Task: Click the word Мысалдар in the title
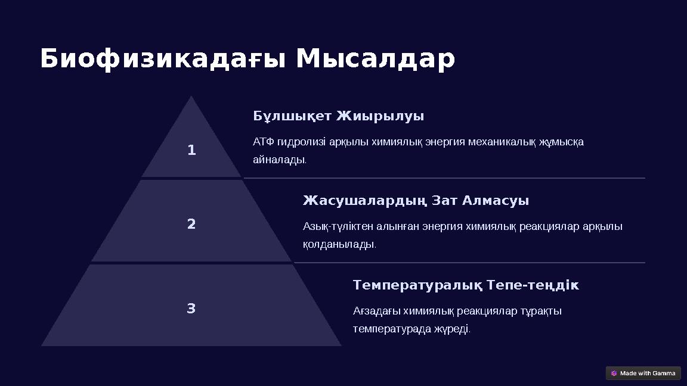tap(375, 60)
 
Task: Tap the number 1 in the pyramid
tap(191, 151)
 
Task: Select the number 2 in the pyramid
tap(191, 225)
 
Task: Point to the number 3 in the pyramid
tap(191, 309)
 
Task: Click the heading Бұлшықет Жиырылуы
tap(338, 116)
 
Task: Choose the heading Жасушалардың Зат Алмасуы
tap(416, 201)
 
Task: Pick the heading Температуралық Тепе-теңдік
tap(465, 285)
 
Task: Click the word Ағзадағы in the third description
tap(376, 312)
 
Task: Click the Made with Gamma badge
tap(643, 373)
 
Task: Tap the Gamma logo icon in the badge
tap(614, 373)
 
